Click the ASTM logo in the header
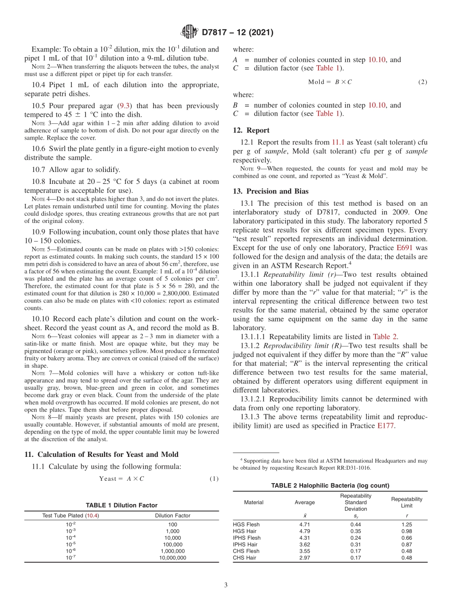pyautogui.click(x=190, y=32)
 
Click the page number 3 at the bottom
pyautogui.click(x=226, y=585)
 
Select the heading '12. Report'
pyautogui.click(x=251, y=130)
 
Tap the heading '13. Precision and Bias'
pyautogui.click(x=271, y=191)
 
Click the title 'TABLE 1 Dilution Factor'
pyautogui.click(x=121, y=505)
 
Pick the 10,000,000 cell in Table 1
pyautogui.click(x=173, y=557)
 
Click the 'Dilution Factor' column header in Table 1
pyautogui.click(x=173, y=515)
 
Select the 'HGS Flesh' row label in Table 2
pyautogui.click(x=246, y=525)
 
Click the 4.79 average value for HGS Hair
pyautogui.click(x=305, y=531)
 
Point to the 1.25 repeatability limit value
pyautogui.click(x=406, y=525)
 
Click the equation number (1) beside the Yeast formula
pyautogui.click(x=214, y=478)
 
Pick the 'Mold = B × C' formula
pyautogui.click(x=330, y=81)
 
